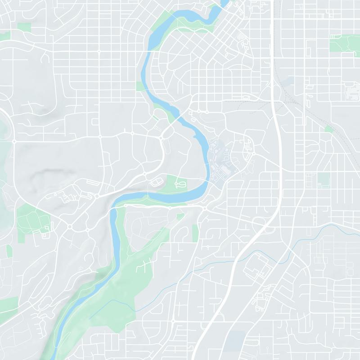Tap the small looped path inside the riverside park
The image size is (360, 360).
click(180, 184)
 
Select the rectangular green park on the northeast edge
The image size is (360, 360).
click(344, 44)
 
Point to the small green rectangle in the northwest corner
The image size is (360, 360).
click(24, 27)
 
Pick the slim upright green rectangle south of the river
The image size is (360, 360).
click(195, 232)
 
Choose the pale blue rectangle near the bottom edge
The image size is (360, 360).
click(236, 341)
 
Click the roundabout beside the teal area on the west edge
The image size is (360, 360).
click(14, 141)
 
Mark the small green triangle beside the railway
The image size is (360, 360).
click(329, 129)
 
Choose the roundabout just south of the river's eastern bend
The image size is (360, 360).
click(205, 208)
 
